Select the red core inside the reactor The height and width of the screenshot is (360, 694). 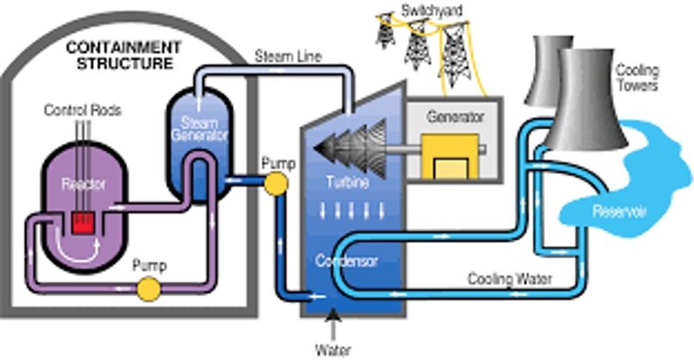coord(84,223)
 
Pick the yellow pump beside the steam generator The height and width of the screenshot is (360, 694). coord(277,183)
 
